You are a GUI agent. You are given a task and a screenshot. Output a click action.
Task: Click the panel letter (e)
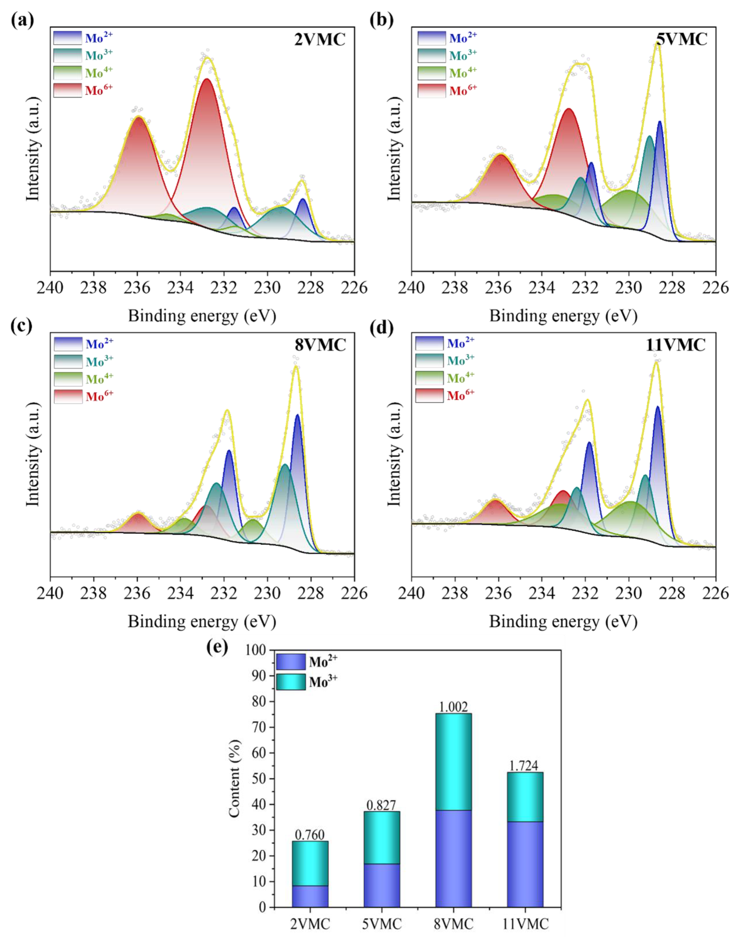[217, 647]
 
